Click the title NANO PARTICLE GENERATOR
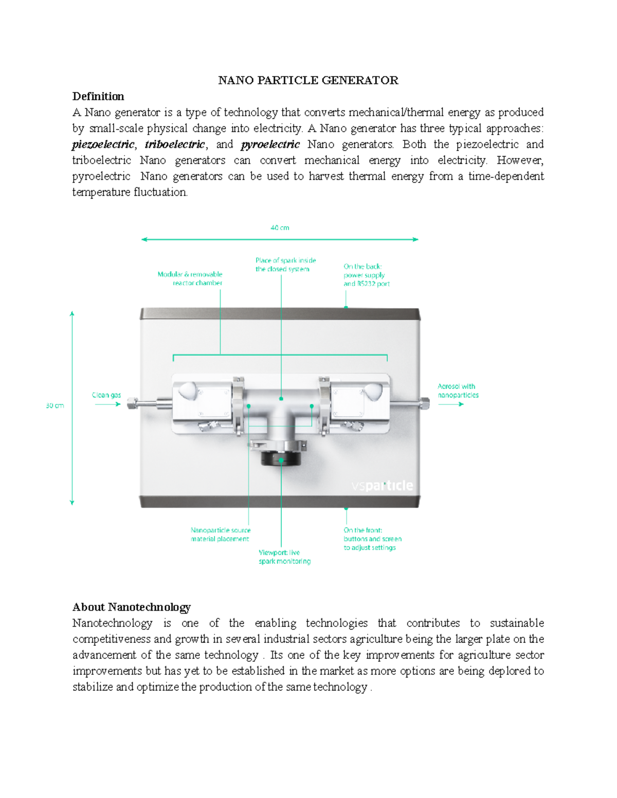(x=308, y=80)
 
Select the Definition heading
(x=98, y=97)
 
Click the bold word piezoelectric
(x=103, y=144)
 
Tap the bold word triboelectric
(x=175, y=144)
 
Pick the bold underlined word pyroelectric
(x=270, y=144)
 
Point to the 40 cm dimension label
(x=280, y=228)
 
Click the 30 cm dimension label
(x=55, y=405)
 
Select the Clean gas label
(x=106, y=395)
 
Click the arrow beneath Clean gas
(x=107, y=404)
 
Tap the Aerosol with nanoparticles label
(x=458, y=391)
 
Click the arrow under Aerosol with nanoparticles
(x=451, y=404)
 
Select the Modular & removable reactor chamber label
(x=190, y=279)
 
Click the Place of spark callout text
(x=285, y=265)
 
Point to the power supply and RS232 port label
(x=366, y=275)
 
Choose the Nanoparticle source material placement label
(x=221, y=534)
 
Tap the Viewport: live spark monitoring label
(x=284, y=557)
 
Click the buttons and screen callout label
(x=372, y=539)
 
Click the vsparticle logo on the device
(x=382, y=486)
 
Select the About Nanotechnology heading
(x=132, y=607)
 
